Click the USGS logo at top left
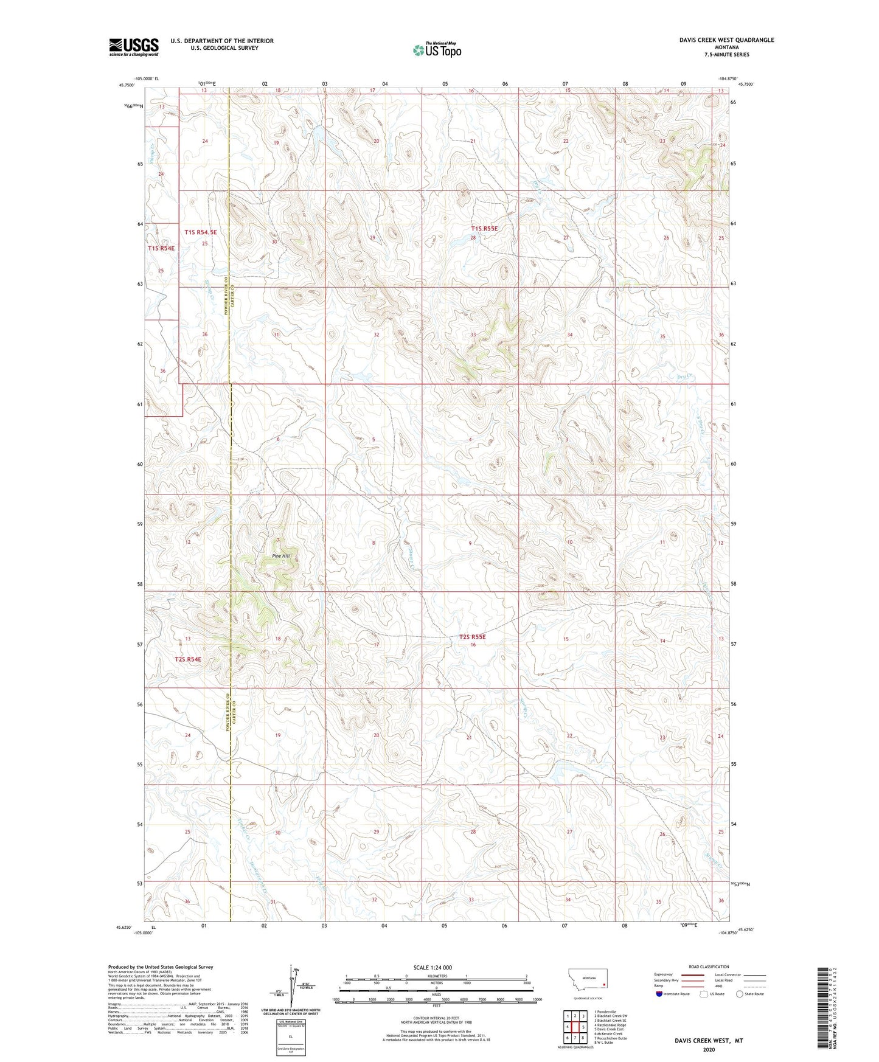point(133,47)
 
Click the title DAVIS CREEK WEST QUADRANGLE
point(726,40)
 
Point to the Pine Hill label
point(281,556)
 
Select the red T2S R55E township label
point(473,637)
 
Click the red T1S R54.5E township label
point(200,232)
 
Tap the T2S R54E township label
point(187,659)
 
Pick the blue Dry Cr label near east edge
point(686,377)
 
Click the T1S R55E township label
point(484,229)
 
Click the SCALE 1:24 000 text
point(432,967)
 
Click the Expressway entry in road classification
point(664,974)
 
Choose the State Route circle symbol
point(739,994)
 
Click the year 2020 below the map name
point(708,1049)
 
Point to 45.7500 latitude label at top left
point(127,85)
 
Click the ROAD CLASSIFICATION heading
point(709,967)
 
